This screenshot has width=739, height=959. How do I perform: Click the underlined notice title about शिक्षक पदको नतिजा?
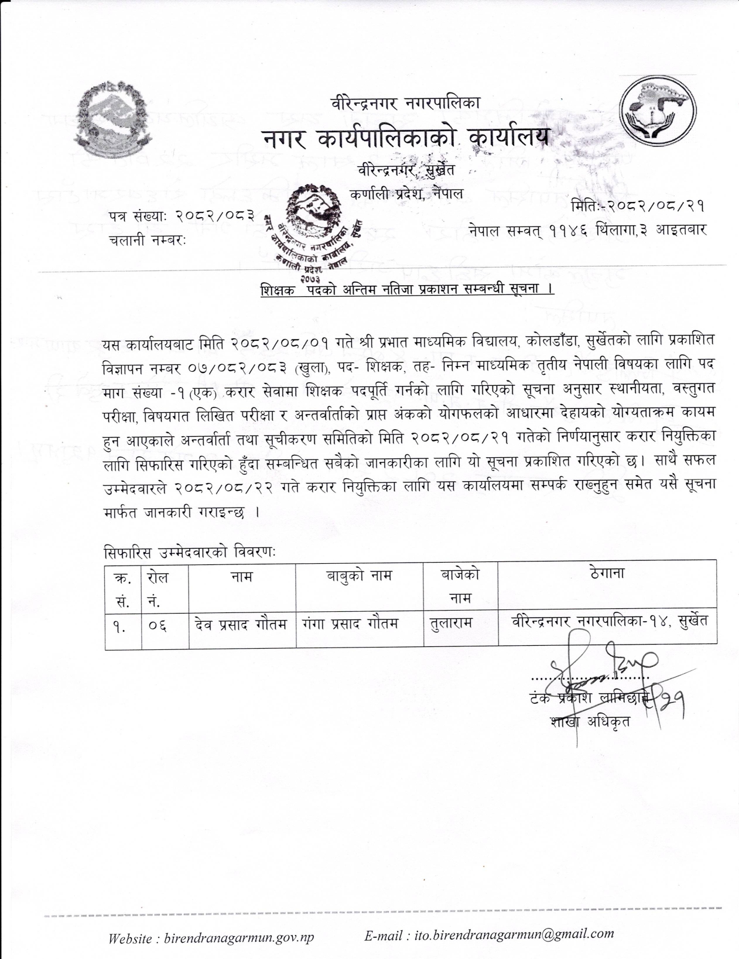click(x=408, y=290)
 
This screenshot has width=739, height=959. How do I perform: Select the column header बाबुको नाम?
click(x=359, y=576)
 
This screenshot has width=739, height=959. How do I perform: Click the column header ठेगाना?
click(x=607, y=573)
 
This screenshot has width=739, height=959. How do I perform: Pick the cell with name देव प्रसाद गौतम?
click(x=241, y=624)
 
